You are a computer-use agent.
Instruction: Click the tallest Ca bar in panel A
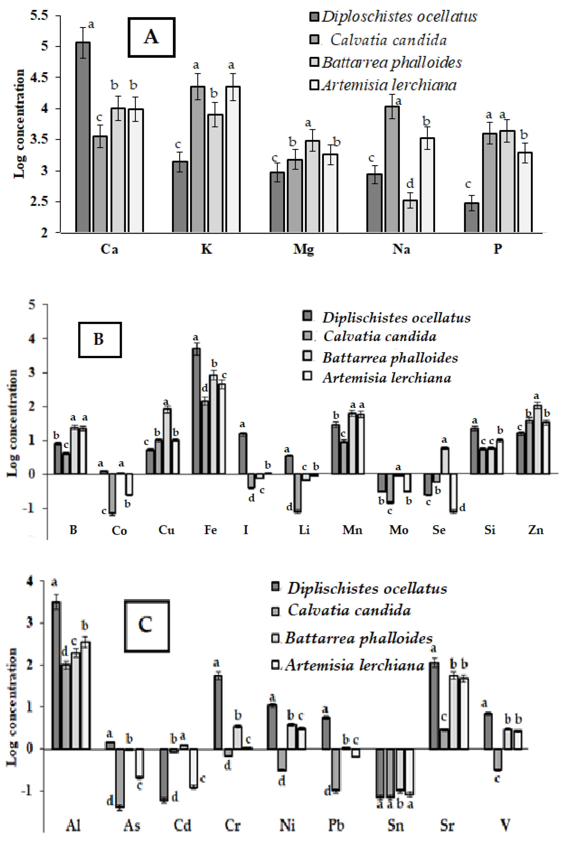point(83,137)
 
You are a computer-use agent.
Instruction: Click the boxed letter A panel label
point(151,37)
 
